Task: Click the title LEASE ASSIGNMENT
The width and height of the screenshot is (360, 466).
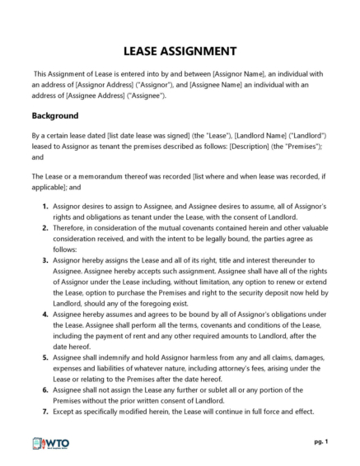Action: click(x=180, y=50)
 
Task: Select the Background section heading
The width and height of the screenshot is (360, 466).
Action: click(x=55, y=115)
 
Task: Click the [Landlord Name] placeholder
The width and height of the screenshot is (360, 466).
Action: click(x=260, y=135)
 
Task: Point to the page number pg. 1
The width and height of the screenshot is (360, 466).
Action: click(x=320, y=442)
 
